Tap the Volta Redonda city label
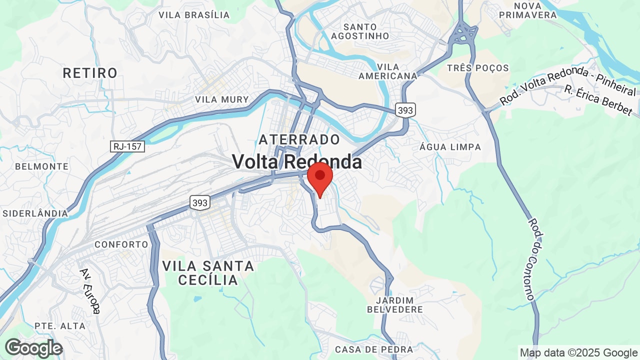point(297,161)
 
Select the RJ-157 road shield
point(127,146)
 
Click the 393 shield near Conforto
point(199,202)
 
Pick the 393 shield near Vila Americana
point(404,110)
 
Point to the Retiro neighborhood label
point(90,73)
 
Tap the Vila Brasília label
point(194,15)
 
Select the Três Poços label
point(478,68)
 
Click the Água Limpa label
point(450,147)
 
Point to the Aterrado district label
point(299,139)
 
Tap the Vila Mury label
point(222,99)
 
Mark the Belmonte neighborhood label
point(41,166)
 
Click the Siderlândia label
point(35,213)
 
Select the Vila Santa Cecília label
point(208,273)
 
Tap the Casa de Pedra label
point(374,349)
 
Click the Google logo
point(33,348)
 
